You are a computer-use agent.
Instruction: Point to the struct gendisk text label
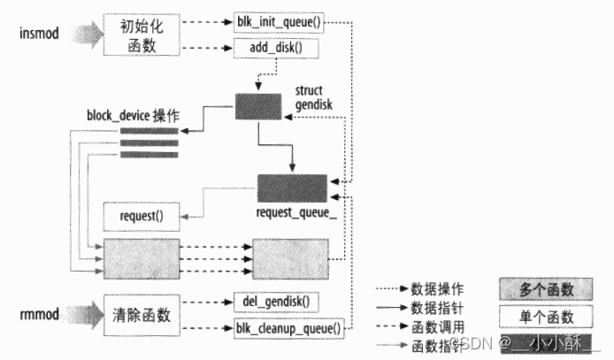tap(313, 100)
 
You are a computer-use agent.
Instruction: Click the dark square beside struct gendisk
tap(257, 106)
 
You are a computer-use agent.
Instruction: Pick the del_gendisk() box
tap(273, 300)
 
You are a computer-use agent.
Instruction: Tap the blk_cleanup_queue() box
tap(288, 329)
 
